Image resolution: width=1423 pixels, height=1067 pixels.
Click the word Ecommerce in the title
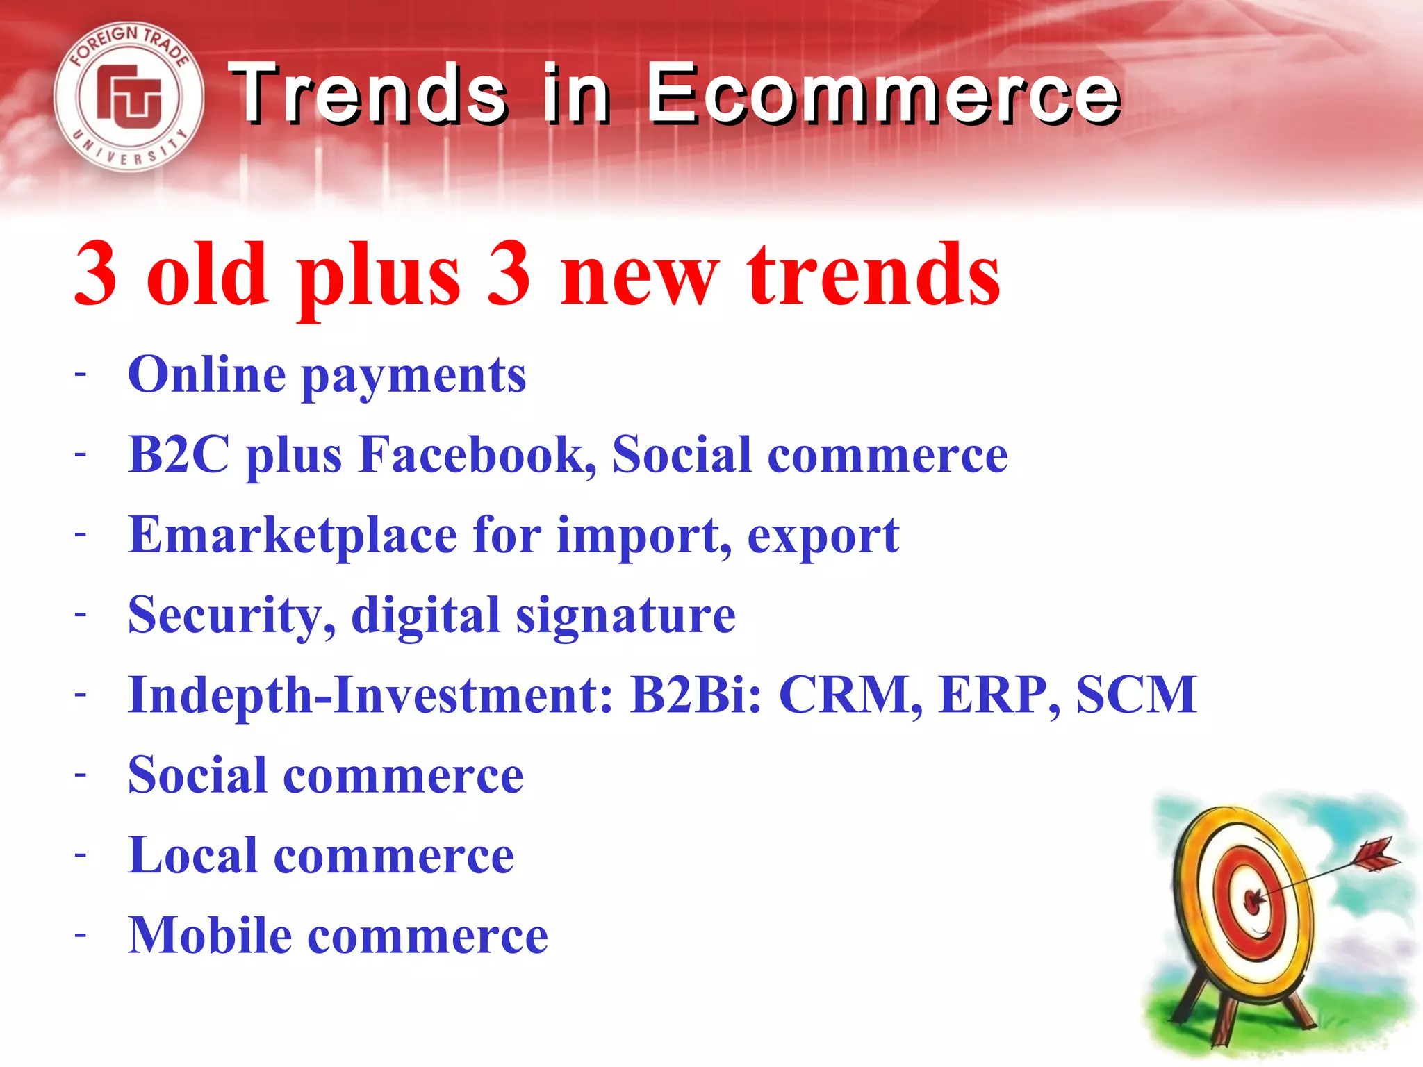(x=884, y=94)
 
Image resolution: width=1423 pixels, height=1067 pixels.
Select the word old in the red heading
(x=207, y=274)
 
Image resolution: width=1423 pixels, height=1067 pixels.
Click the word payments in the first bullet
(x=414, y=377)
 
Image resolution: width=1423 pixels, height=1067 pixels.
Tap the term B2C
(x=179, y=455)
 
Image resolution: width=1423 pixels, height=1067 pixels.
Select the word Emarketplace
(x=292, y=536)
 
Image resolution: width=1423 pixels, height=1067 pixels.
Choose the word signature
(x=625, y=618)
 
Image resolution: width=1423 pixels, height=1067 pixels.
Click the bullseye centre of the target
(x=1253, y=901)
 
